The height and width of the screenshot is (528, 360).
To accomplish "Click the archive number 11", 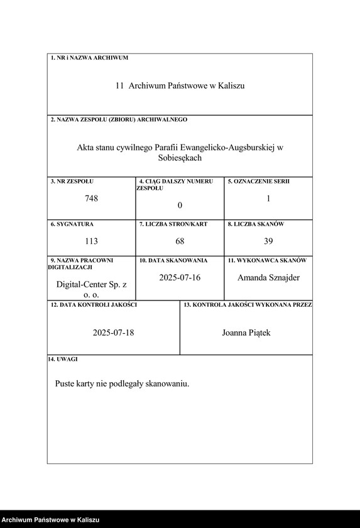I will point(119,85).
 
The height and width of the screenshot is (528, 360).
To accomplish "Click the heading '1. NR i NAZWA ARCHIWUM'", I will point(89,58).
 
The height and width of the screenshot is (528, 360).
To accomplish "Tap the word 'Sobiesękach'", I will point(180,158).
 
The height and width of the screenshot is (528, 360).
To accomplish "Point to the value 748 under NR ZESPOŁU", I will point(92,199).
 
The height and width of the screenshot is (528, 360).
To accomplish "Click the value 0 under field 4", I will point(180,206).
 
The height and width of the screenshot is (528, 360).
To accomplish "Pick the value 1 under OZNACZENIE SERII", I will point(268,199).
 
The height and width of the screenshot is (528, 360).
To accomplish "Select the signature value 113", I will point(92,241).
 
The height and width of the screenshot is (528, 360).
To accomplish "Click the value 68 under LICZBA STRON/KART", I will point(180,241).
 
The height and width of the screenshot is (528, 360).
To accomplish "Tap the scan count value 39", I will point(268,241).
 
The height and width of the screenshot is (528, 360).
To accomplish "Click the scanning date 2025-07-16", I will point(180,277).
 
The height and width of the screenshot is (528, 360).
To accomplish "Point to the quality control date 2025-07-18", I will point(113,333).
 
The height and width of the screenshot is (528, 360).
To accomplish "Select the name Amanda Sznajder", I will point(268,277).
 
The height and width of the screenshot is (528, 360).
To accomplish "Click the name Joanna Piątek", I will point(246,333).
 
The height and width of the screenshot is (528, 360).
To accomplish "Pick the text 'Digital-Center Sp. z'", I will point(91,285).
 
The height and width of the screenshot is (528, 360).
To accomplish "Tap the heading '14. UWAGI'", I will point(63,359).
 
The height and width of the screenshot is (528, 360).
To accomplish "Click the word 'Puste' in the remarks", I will point(65,383).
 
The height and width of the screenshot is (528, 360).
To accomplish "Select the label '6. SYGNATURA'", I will point(72,224).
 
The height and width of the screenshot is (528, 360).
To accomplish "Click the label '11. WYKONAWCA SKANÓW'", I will point(267,260).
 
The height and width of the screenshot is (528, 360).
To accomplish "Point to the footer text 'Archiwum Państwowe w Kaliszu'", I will point(50,520).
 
